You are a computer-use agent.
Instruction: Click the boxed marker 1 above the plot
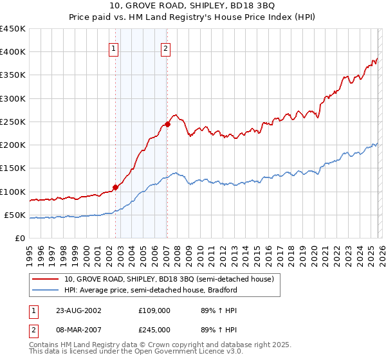click(113, 48)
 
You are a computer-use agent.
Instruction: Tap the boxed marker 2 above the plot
click(165, 48)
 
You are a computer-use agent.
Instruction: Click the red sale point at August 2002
click(116, 187)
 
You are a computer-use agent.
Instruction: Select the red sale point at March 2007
click(167, 124)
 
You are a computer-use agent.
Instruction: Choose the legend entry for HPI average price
click(151, 290)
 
